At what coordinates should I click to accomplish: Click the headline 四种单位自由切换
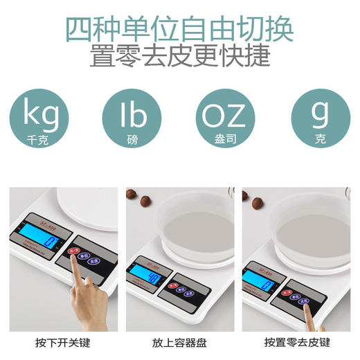tap(179, 28)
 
